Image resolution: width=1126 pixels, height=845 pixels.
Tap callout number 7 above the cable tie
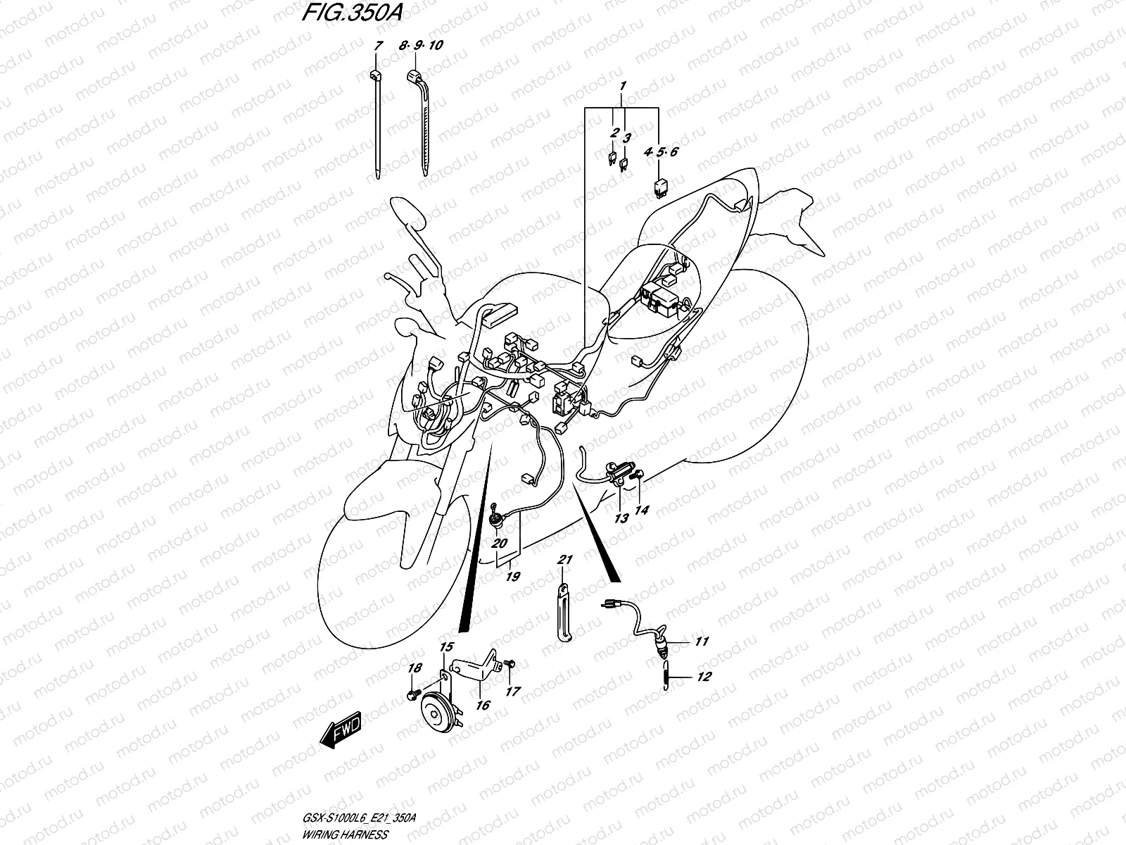point(378,46)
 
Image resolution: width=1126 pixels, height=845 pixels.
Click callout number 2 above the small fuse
point(614,132)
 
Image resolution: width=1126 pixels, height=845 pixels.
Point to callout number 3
point(627,137)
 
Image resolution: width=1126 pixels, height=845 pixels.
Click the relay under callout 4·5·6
point(662,186)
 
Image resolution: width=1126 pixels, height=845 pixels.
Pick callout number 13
point(621,519)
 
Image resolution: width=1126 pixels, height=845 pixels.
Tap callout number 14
point(642,510)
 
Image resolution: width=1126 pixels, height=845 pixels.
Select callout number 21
point(564,560)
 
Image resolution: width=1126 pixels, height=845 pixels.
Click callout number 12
point(704,677)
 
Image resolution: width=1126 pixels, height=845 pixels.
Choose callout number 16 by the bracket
point(482,705)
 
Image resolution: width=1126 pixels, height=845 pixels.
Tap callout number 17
point(512,691)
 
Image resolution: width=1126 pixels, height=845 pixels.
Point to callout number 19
point(512,577)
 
